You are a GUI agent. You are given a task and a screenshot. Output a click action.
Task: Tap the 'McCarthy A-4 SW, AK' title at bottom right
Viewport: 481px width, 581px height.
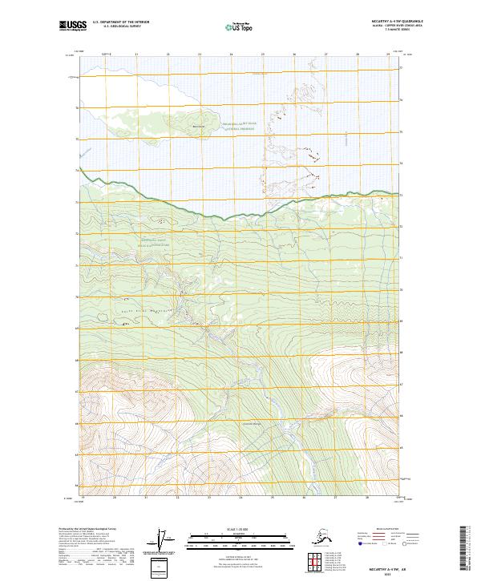coord(390,565)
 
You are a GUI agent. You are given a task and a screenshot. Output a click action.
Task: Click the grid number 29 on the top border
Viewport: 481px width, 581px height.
coord(387,54)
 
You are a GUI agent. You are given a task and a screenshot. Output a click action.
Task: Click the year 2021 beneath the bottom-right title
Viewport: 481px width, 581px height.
coord(390,571)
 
